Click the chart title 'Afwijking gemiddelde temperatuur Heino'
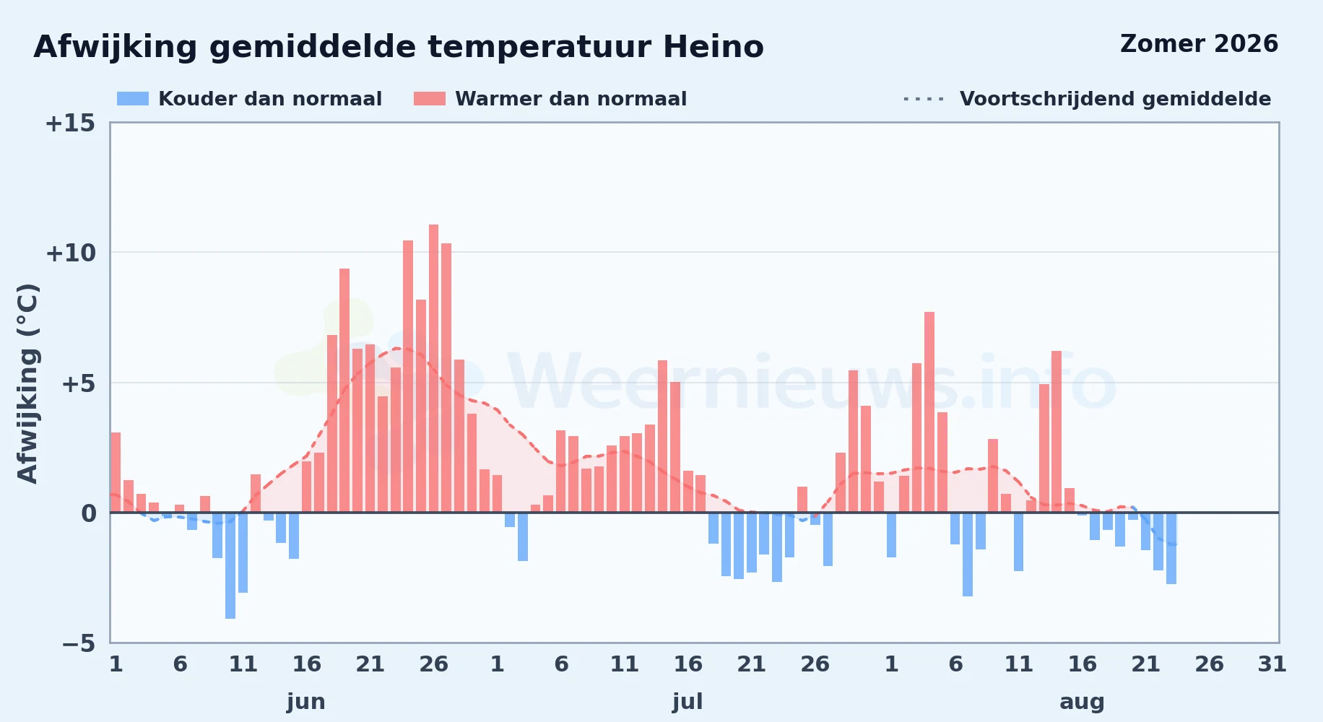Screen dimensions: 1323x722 pyautogui.click(x=399, y=48)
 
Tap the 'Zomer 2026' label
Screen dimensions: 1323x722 pyautogui.click(x=1199, y=44)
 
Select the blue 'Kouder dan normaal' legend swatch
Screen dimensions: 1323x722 pyautogui.click(x=133, y=99)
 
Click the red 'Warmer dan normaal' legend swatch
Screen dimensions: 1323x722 pyautogui.click(x=430, y=99)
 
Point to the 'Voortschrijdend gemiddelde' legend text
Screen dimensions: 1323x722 pyautogui.click(x=1115, y=99)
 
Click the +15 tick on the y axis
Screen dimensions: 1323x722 pyautogui.click(x=70, y=123)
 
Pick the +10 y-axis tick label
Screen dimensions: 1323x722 pyautogui.click(x=70, y=253)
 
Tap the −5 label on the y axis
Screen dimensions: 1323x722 pyautogui.click(x=79, y=643)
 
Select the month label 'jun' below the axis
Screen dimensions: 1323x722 pyautogui.click(x=306, y=702)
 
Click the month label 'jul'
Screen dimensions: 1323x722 pyautogui.click(x=687, y=702)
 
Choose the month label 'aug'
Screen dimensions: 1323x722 pyautogui.click(x=1082, y=702)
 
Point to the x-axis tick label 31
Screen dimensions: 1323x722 pyautogui.click(x=1272, y=664)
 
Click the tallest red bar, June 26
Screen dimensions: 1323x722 pyautogui.click(x=433, y=368)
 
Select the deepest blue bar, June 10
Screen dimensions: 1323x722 pyautogui.click(x=230, y=565)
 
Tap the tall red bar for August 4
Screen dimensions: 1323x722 pyautogui.click(x=929, y=412)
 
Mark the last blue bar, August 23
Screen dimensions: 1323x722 pyautogui.click(x=1171, y=548)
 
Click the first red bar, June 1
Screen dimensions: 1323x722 pyautogui.click(x=116, y=472)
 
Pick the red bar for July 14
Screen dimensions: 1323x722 pyautogui.click(x=662, y=436)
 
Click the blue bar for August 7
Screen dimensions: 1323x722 pyautogui.click(x=968, y=554)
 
